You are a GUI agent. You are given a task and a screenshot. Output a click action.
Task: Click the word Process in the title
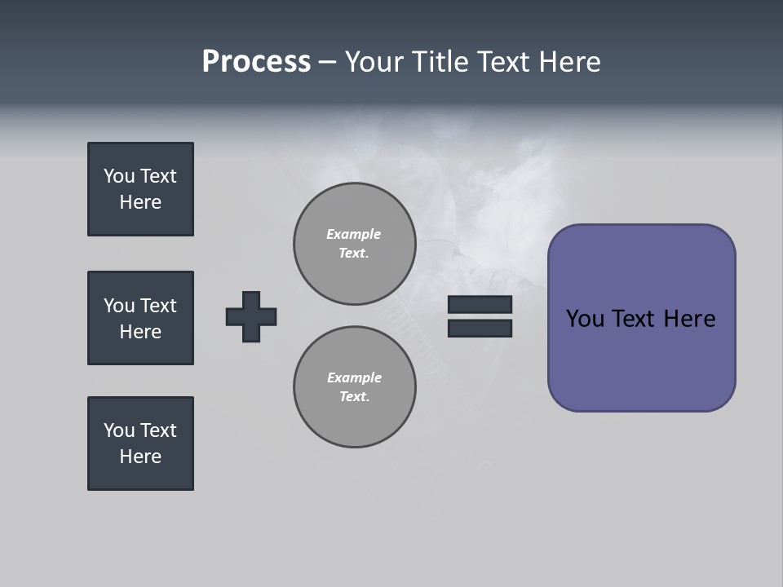[256, 62]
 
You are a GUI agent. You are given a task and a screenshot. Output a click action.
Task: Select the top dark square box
[140, 189]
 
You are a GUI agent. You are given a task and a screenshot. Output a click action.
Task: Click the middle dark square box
[140, 318]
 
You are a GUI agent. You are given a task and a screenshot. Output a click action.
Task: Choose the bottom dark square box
[140, 444]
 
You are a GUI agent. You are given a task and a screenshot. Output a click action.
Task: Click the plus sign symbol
[251, 316]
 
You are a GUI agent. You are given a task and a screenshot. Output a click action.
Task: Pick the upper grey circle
[354, 244]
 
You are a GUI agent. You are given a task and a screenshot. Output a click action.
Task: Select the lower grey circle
[354, 387]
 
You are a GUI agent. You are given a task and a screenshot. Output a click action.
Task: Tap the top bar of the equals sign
[480, 305]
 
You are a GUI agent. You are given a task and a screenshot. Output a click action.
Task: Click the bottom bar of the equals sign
[480, 328]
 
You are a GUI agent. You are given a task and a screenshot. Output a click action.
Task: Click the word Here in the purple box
[689, 319]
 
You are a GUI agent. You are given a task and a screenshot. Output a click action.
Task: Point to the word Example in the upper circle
[353, 234]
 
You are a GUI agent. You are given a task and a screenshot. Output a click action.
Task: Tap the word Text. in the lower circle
[354, 397]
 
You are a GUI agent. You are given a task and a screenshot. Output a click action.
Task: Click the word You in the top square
[119, 176]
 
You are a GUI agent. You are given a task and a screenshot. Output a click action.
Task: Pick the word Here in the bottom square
[140, 457]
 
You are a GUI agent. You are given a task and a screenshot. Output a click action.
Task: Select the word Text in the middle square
[158, 306]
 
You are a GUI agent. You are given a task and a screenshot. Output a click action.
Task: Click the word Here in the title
[568, 62]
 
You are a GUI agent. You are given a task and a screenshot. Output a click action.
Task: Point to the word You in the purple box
[585, 319]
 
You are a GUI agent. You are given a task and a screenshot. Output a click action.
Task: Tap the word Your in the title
[376, 62]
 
